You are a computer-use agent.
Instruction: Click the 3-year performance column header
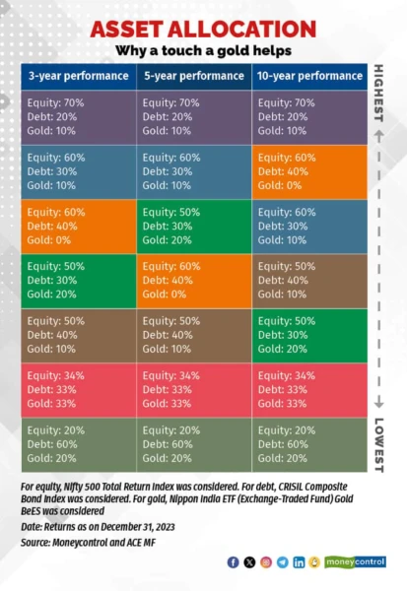[78, 76]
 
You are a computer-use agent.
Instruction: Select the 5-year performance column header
[193, 76]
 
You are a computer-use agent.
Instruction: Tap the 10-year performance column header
[308, 76]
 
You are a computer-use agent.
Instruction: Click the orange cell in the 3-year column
[78, 227]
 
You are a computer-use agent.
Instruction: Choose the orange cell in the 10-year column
[308, 172]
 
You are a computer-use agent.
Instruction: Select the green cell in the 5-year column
[193, 227]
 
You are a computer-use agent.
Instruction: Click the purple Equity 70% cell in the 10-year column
[308, 117]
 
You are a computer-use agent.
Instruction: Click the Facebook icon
[233, 562]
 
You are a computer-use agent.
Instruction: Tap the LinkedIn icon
[299, 562]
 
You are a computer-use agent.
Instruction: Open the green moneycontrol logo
[355, 562]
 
